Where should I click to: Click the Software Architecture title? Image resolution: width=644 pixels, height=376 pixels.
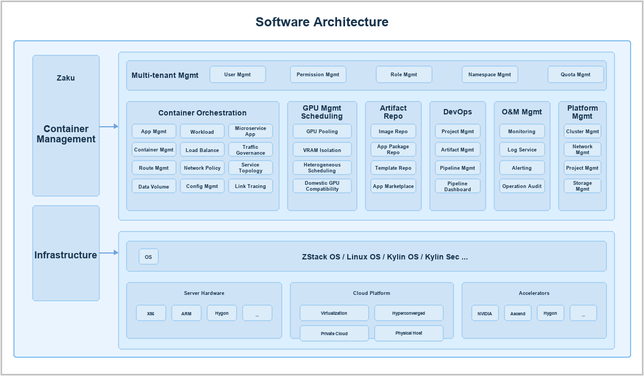click(x=321, y=22)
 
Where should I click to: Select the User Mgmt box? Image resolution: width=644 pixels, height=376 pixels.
click(x=237, y=75)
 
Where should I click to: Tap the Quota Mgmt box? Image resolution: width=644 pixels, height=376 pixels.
click(x=575, y=75)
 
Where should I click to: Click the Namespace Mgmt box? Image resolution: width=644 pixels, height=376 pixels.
click(x=489, y=75)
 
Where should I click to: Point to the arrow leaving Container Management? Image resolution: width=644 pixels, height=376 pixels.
click(x=108, y=126)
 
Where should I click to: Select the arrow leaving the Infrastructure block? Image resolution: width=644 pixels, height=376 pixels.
click(x=108, y=253)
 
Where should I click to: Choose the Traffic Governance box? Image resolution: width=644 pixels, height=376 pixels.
click(x=251, y=150)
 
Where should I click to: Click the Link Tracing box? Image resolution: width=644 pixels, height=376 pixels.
click(x=251, y=186)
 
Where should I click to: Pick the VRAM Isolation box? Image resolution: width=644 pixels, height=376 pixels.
click(x=322, y=150)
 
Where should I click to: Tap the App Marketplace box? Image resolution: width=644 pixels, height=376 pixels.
click(x=393, y=186)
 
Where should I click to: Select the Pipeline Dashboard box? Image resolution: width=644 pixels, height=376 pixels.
click(x=457, y=186)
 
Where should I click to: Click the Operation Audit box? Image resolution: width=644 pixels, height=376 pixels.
click(x=522, y=186)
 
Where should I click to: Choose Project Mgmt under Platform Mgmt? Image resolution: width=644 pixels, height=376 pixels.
click(x=582, y=168)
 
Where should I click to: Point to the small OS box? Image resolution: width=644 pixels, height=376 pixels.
click(x=148, y=257)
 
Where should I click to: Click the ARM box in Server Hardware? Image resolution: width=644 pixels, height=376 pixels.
click(x=186, y=313)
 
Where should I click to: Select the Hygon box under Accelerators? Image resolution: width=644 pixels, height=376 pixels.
click(x=550, y=313)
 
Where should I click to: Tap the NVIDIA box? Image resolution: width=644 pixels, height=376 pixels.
click(x=485, y=313)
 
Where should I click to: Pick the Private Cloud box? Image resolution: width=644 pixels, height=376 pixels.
click(x=334, y=334)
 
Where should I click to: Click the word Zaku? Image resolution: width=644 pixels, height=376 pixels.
click(x=65, y=78)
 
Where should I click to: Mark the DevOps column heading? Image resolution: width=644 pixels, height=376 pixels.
click(x=457, y=112)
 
